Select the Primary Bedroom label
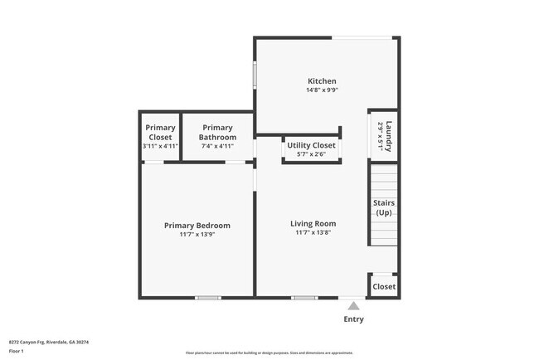coord(197,226)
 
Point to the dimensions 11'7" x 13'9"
coord(197,235)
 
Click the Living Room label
coord(313,224)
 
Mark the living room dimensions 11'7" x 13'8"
coord(313,233)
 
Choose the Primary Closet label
coord(160,132)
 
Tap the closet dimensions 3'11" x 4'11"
coord(160,146)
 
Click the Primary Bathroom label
coord(217,132)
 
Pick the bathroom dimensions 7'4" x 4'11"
coord(217,146)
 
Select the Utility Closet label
coord(311,145)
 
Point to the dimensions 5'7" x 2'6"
coord(311,154)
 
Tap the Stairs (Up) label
coord(384,207)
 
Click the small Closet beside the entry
coord(384,287)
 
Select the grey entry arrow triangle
coord(353,306)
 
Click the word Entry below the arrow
coord(353,319)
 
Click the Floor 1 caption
coord(17,351)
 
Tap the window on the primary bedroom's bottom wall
coord(207,297)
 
